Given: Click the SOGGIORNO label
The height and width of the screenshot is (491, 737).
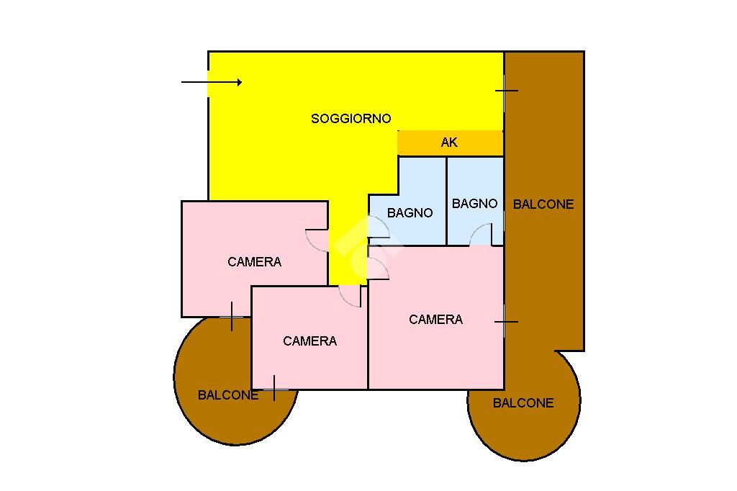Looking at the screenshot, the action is coord(351,119).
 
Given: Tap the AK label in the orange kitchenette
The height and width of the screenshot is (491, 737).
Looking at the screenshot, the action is coord(449,143).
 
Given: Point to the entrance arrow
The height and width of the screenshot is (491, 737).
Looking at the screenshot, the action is coord(212,82).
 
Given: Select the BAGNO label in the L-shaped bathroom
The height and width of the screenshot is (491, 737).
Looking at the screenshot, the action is coord(410,213).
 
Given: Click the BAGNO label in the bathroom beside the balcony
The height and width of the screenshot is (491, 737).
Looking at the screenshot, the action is coord(474,204).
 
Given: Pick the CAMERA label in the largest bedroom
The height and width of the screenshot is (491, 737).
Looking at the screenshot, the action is coord(435,320).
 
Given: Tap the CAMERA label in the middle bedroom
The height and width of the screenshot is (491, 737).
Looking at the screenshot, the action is coord(309,341).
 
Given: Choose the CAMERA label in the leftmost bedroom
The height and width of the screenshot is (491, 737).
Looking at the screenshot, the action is coord(254,262).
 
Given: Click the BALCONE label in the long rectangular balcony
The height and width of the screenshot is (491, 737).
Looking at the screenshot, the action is coord(543,204).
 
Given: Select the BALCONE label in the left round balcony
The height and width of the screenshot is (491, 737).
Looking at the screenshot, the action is coord(228,395).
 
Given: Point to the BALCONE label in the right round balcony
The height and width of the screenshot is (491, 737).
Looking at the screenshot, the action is coord(523,403).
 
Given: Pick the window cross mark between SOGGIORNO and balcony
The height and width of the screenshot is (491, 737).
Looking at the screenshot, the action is coord(506,90).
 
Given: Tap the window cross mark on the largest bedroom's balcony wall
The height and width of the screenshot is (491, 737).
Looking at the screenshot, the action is coord(506,322).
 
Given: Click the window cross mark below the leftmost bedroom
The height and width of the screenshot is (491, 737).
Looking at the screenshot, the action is coord(232,317).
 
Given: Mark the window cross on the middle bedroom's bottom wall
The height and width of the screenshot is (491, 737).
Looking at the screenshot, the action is coord(274,389).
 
